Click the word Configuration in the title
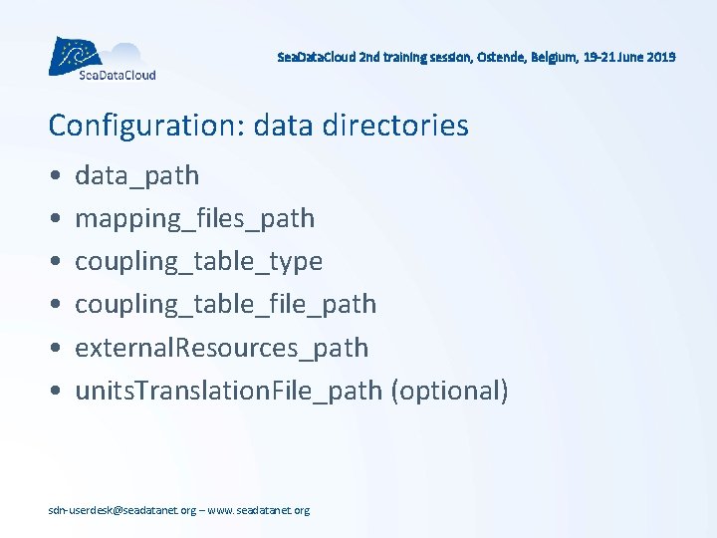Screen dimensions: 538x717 [x=146, y=126]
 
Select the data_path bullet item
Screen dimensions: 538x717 [x=136, y=176]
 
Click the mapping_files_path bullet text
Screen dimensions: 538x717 [x=194, y=219]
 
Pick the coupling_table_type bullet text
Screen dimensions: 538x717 [x=198, y=262]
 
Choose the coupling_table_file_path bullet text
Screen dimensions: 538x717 [x=225, y=305]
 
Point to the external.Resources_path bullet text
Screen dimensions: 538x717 [x=221, y=348]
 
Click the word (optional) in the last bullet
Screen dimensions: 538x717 [x=449, y=391]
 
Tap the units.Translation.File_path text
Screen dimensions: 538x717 [x=228, y=391]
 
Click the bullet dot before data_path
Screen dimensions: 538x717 [x=53, y=177]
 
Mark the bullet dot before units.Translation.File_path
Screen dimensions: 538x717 [x=53, y=392]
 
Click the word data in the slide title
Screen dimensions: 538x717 [x=283, y=126]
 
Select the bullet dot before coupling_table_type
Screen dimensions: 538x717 [x=53, y=263]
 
